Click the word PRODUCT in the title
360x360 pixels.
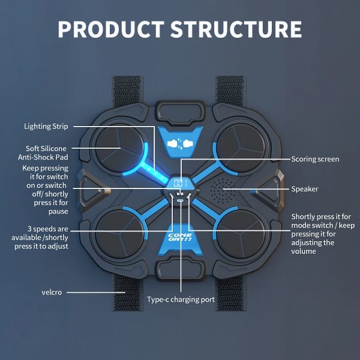tap(111, 29)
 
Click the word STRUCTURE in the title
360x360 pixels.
tap(236, 29)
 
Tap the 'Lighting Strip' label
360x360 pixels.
tap(46, 127)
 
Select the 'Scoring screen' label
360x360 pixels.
tap(315, 159)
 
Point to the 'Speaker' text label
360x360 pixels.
tap(305, 189)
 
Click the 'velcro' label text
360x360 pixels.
tap(52, 292)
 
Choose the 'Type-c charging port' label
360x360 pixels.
tap(181, 299)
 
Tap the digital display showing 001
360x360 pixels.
tap(180, 184)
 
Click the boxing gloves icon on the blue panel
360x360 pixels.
tap(180, 144)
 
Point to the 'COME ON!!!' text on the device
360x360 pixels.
tap(180, 237)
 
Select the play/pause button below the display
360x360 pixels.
tap(180, 194)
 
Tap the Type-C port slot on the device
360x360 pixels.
tap(180, 200)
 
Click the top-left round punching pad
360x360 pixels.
tap(119, 148)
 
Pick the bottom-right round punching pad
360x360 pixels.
tap(241, 235)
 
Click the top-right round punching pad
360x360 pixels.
tap(241, 148)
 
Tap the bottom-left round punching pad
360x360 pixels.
tap(119, 235)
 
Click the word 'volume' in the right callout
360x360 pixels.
tap(304, 251)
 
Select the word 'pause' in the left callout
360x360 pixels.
tap(58, 211)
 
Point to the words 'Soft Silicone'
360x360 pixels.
tap(46, 149)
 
